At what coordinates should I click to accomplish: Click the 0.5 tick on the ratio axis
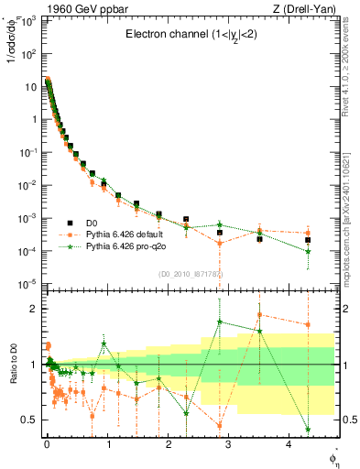click(28, 420)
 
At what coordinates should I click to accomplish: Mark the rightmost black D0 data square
click(308, 240)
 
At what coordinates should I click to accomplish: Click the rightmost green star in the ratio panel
click(308, 429)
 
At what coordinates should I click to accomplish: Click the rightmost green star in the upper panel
click(308, 251)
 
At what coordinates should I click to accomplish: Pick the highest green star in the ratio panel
click(220, 322)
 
